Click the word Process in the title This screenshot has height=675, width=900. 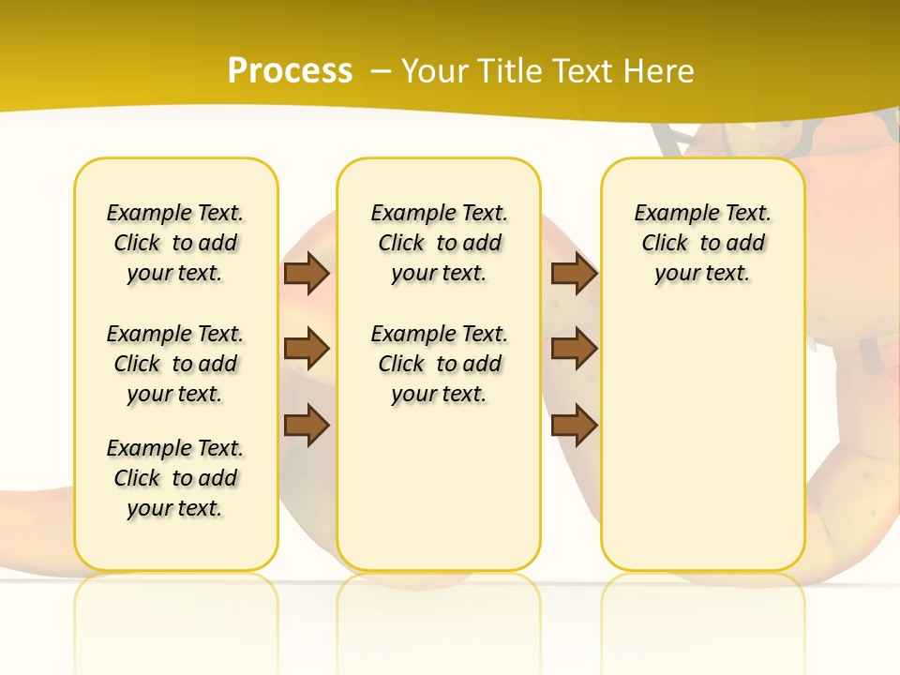(x=290, y=70)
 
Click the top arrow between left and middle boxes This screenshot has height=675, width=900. (x=307, y=273)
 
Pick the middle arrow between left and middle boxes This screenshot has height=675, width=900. (x=307, y=349)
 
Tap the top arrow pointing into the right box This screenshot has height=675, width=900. (x=574, y=273)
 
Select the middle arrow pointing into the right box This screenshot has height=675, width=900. (x=574, y=349)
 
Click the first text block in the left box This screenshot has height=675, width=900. (x=175, y=243)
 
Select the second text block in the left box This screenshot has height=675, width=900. (x=175, y=364)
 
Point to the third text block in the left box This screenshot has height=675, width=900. (x=175, y=478)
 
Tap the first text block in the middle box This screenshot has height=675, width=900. (x=440, y=243)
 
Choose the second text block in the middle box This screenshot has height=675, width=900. (x=440, y=364)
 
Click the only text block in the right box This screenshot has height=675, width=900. (x=703, y=243)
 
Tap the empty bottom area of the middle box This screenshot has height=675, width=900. (x=440, y=497)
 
